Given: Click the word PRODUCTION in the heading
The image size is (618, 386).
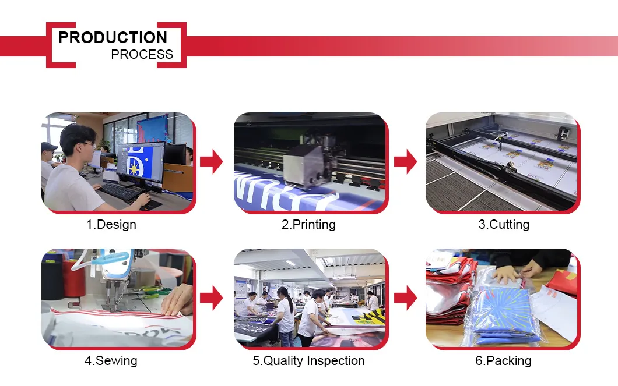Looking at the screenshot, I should click(113, 38).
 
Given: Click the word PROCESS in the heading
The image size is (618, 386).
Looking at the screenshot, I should click(142, 55).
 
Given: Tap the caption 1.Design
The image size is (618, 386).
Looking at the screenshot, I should click(111, 224).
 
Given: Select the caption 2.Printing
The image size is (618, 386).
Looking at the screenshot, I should click(308, 224).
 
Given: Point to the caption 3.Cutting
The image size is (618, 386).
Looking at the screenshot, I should click(504, 224).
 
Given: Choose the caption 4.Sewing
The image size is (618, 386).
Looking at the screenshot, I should click(111, 360).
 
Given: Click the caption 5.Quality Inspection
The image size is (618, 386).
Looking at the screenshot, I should click(308, 360).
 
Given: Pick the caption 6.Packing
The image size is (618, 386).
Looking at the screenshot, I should click(503, 360).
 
